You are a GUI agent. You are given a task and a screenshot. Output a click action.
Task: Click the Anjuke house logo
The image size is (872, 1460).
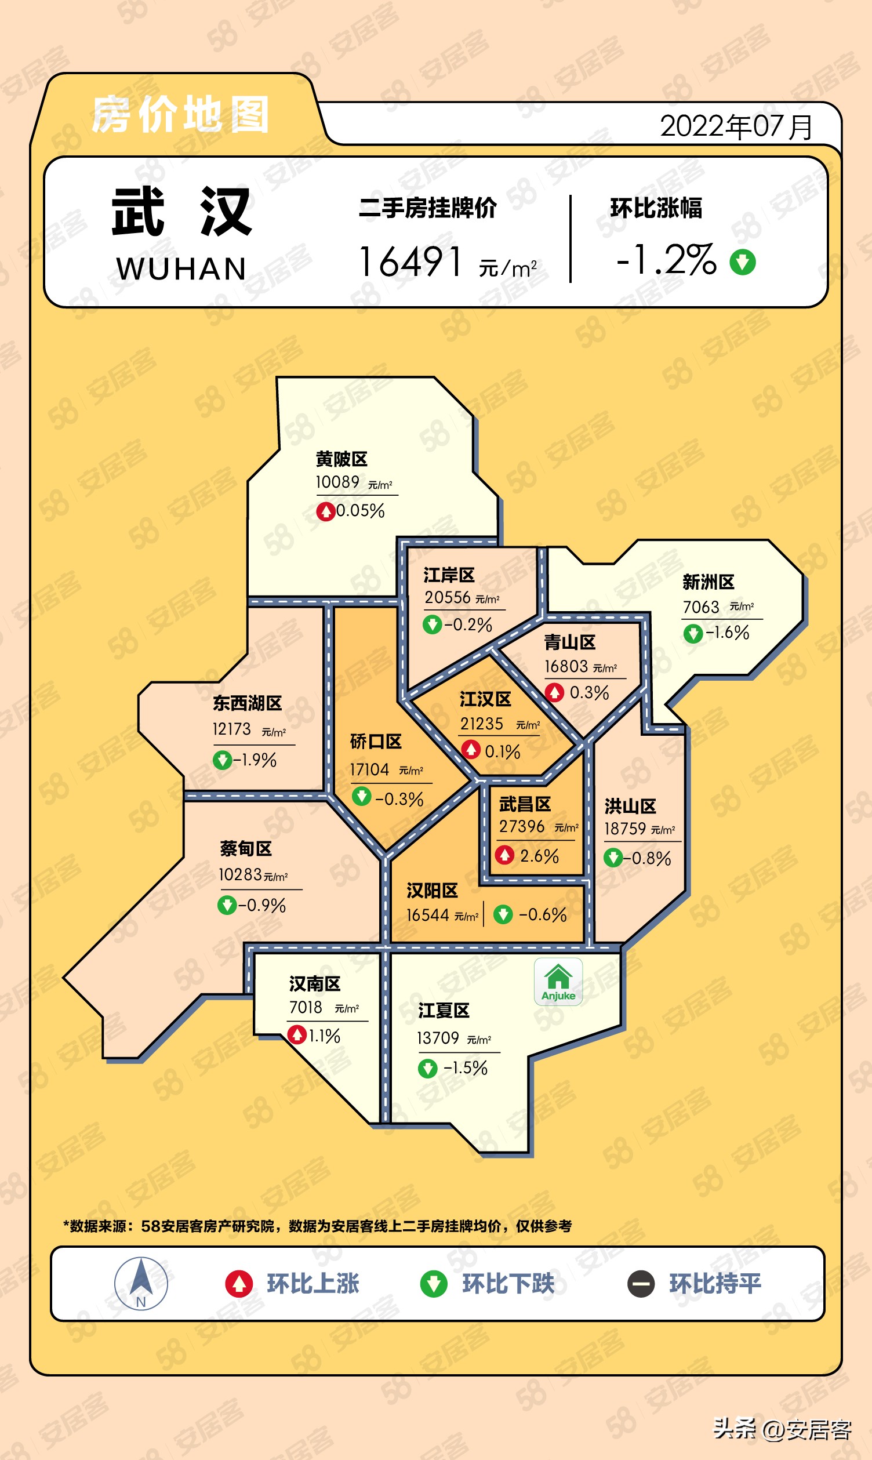tap(558, 981)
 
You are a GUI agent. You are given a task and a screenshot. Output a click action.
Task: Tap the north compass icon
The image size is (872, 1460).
tap(141, 1284)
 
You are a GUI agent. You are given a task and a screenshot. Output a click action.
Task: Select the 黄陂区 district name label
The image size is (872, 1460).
tap(341, 459)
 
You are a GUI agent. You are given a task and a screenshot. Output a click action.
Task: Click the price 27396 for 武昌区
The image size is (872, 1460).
tap(522, 827)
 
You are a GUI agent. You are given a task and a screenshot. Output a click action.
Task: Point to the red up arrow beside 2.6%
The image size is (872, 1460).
tap(505, 855)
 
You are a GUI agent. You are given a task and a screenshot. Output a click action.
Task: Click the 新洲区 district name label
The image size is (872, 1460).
tap(708, 582)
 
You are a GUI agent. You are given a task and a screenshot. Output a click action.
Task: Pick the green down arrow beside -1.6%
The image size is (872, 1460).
tap(693, 633)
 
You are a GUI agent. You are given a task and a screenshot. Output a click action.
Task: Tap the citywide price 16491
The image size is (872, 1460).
tap(410, 262)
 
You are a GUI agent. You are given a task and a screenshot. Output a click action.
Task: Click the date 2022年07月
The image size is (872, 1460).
tap(736, 126)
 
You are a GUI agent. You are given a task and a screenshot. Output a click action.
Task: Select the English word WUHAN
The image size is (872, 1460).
tap(181, 269)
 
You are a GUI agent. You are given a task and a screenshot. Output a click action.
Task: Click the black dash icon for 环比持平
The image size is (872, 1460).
tap(641, 1284)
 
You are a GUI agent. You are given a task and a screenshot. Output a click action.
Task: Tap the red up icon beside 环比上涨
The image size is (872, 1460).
tap(239, 1284)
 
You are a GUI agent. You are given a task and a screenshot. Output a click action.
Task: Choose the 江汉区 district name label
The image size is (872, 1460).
tap(485, 699)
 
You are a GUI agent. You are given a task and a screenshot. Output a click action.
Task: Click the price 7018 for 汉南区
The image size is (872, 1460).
tap(306, 1008)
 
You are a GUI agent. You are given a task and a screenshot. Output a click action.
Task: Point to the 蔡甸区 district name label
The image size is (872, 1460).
tap(246, 848)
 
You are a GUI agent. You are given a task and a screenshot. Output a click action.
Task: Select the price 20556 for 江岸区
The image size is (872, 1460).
tap(448, 598)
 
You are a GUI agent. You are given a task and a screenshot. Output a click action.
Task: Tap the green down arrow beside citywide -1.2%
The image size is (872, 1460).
tap(743, 262)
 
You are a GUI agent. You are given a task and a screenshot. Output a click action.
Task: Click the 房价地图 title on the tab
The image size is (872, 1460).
tap(180, 115)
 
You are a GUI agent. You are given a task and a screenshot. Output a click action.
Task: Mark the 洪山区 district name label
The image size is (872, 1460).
tap(630, 806)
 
